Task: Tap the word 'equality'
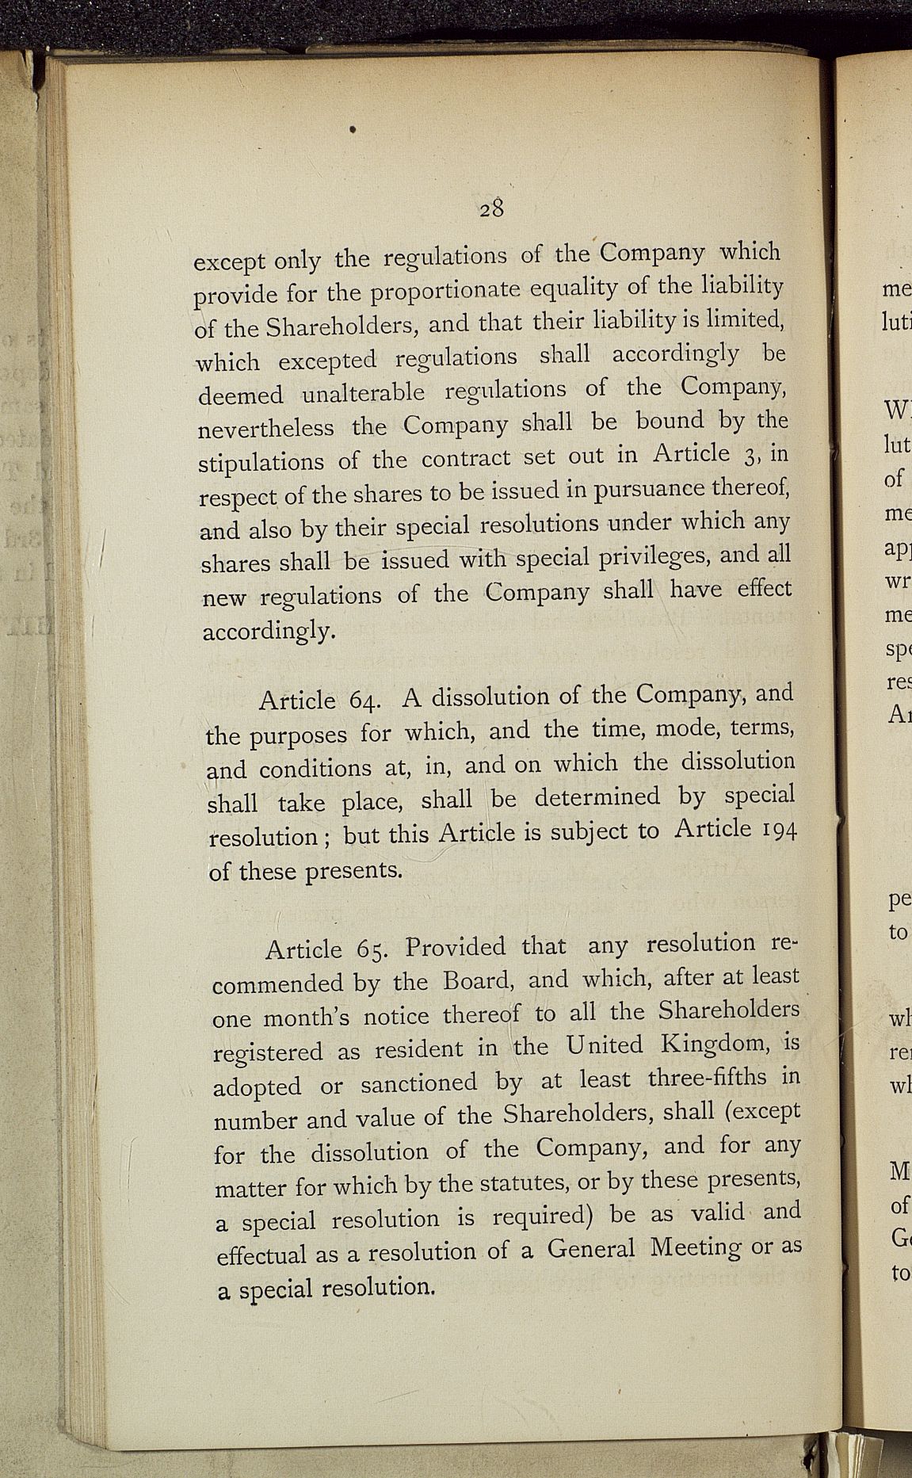[567, 288]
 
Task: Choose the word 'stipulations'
[261, 463]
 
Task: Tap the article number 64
[367, 701]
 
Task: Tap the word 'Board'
[479, 981]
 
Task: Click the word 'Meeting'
[695, 1247]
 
